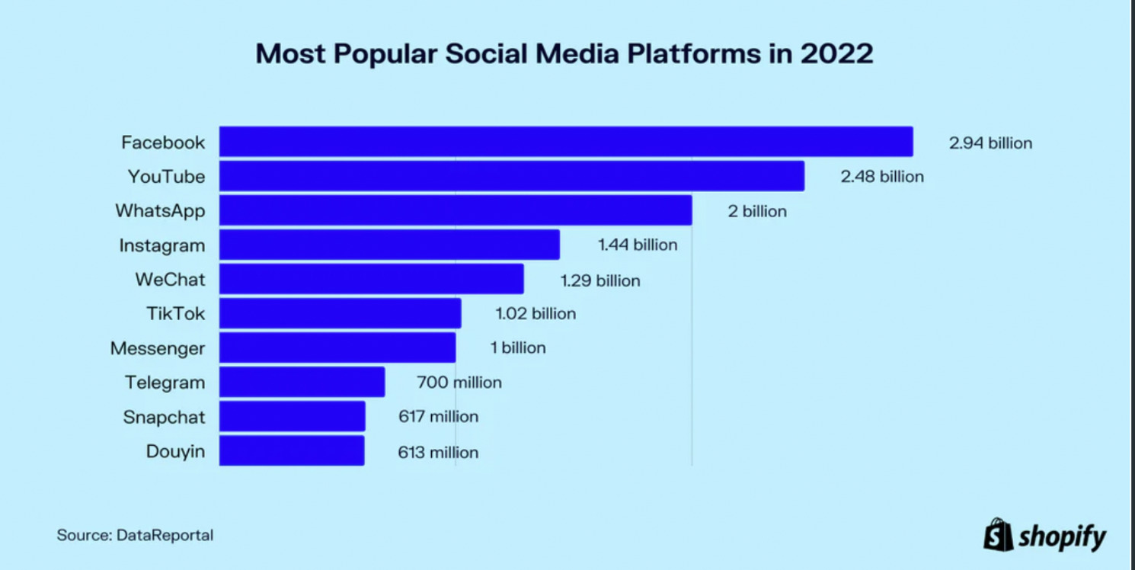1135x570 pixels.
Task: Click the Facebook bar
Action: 566,142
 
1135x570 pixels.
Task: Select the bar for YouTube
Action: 512,176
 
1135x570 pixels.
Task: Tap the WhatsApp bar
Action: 456,210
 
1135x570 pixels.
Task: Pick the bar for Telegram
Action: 302,382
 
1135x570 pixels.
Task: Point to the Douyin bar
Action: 292,450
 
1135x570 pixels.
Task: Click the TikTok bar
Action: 340,313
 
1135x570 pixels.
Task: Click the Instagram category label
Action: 162,245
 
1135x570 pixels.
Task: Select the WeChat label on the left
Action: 171,280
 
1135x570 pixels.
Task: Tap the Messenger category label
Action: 158,348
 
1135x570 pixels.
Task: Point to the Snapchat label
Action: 164,417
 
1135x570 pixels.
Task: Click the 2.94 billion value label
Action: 990,142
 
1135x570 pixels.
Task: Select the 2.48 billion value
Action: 882,177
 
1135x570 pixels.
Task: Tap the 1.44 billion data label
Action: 638,245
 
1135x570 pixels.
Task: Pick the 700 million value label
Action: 459,383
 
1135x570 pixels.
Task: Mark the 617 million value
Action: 439,417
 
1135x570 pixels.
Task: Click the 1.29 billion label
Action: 600,280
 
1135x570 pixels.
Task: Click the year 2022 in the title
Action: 836,55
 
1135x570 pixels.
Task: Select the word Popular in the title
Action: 396,55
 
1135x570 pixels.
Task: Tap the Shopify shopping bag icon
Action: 997,534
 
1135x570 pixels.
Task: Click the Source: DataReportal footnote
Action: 135,535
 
